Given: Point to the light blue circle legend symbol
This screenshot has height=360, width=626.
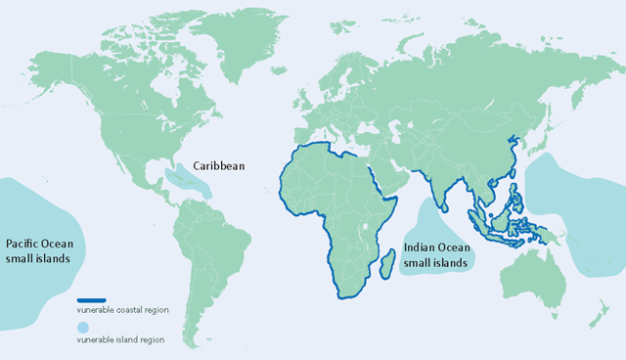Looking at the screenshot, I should (x=84, y=327).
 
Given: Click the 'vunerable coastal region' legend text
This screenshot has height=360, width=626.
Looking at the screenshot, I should (x=123, y=310).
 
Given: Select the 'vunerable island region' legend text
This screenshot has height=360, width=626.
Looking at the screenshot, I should (x=121, y=339).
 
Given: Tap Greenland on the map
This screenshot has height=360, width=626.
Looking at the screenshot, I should (x=232, y=39).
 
